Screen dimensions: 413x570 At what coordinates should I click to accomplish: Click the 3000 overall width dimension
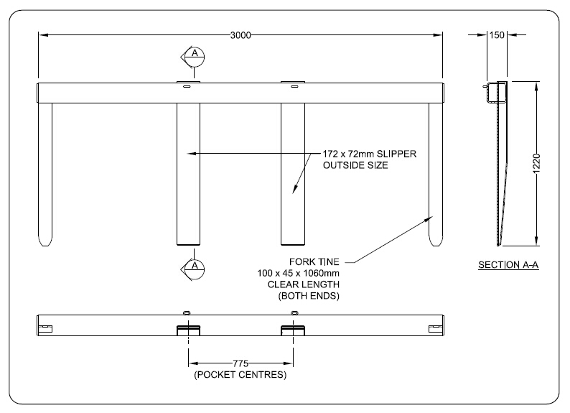[x=240, y=34]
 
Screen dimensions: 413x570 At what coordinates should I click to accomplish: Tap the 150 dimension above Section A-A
[x=495, y=34]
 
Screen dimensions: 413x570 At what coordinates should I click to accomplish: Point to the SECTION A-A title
[x=508, y=266]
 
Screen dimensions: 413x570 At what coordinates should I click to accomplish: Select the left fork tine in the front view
[x=45, y=172]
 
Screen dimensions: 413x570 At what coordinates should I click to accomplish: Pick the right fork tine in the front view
[x=436, y=172]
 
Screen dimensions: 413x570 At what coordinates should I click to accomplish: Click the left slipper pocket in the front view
[x=189, y=172]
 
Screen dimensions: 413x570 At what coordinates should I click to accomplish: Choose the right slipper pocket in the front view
[x=294, y=172]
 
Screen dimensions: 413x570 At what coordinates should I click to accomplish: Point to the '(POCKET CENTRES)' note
[x=240, y=375]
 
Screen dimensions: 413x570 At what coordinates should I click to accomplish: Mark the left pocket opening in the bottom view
[x=189, y=329]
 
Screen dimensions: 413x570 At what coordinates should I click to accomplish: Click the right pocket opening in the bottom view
[x=294, y=329]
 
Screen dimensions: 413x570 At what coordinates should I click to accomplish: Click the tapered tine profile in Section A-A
[x=500, y=172]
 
